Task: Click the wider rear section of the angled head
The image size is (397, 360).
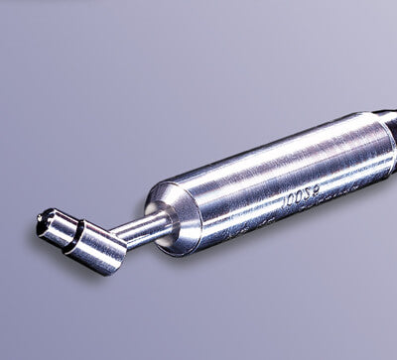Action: pyautogui.click(x=96, y=249)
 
